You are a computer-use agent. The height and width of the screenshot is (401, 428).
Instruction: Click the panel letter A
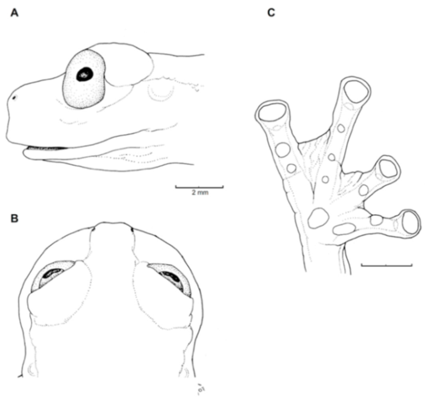14,13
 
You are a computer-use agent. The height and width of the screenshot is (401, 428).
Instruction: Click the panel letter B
14,219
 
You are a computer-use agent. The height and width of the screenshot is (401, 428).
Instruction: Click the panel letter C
271,13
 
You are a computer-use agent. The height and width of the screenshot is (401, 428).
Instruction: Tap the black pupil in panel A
85,74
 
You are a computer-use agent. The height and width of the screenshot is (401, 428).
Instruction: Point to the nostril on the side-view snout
14,97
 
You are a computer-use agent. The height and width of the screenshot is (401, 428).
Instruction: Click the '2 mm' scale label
200,192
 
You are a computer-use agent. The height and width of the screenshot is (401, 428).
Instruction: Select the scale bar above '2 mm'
199,187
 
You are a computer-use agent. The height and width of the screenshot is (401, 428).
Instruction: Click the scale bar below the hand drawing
386,265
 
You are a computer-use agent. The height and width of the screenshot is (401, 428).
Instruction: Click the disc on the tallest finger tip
356,91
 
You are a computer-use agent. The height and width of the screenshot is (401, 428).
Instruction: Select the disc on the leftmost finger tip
272,112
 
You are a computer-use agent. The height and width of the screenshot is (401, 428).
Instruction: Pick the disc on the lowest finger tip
411,222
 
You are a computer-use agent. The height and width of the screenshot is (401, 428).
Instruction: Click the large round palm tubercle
318,217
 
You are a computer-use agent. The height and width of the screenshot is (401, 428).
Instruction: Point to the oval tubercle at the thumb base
344,229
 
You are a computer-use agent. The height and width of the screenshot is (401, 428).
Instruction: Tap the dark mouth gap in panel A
46,148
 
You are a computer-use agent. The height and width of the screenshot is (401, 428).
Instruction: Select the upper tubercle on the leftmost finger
283,150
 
